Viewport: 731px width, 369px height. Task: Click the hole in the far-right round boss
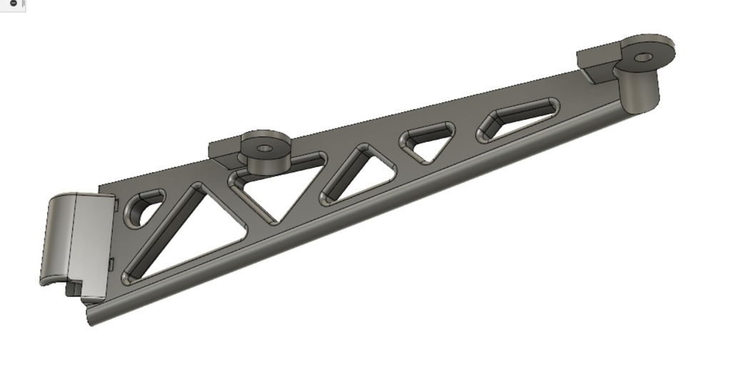(644, 56)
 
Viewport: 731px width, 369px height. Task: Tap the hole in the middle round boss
(265, 148)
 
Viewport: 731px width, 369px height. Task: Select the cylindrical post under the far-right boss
(637, 89)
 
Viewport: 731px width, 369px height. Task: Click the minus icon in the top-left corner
(13, 4)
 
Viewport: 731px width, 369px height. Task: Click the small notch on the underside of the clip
(72, 289)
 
